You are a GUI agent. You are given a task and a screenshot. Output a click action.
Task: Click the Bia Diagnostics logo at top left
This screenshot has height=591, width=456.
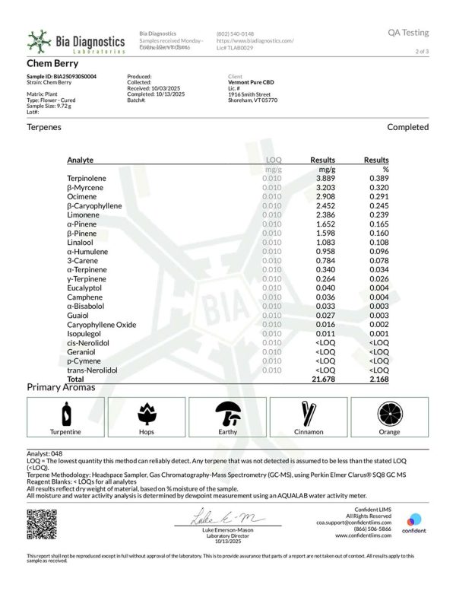click(75, 41)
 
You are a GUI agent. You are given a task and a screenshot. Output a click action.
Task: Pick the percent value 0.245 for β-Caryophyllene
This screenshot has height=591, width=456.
click(378, 205)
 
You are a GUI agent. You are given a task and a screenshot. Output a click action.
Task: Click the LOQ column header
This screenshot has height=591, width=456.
click(271, 160)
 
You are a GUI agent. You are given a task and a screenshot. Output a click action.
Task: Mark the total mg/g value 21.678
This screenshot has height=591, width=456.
click(322, 378)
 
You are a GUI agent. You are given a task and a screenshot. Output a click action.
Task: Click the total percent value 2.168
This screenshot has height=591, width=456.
click(378, 378)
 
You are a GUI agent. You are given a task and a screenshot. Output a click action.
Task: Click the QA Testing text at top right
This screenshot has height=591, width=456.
click(408, 33)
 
